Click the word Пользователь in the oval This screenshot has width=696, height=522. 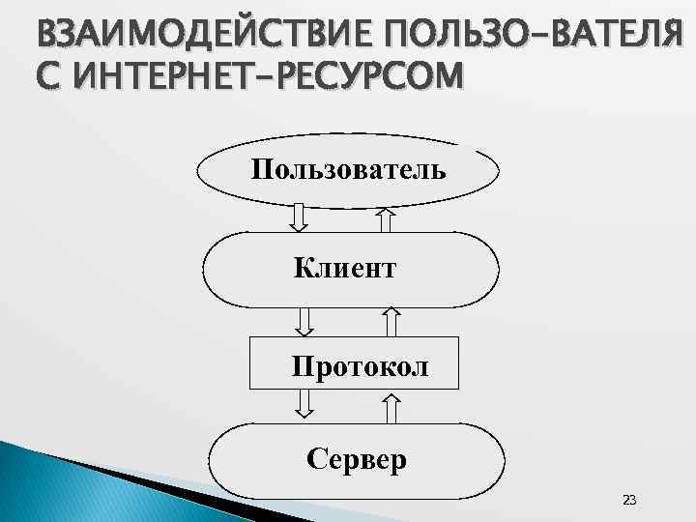pos(348,171)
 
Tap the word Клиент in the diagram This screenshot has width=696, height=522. pos(345,268)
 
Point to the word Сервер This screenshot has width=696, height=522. pos(357,457)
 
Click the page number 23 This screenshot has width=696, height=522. pos(629,500)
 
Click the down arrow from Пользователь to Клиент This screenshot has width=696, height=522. pos(300,217)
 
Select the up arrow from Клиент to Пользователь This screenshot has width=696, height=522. pos(386,220)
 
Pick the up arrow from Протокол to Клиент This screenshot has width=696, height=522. pos(391,321)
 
